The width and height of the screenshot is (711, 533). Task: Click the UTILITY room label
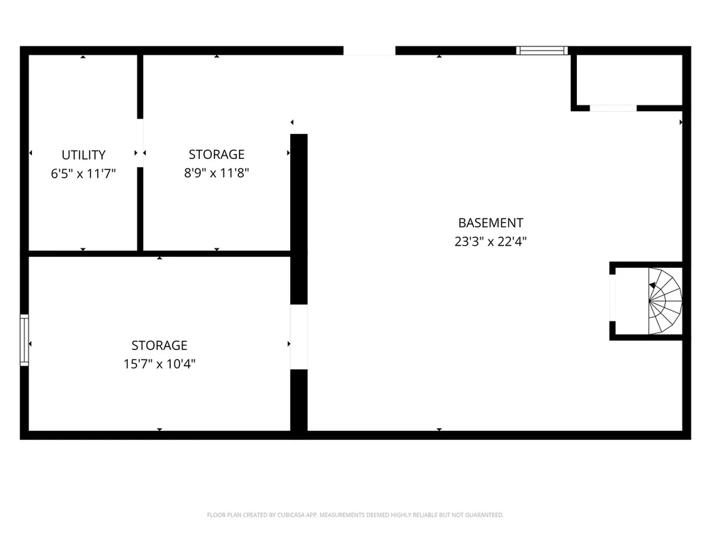pyautogui.click(x=83, y=155)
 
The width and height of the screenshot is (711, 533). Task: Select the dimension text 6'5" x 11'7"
pyautogui.click(x=83, y=174)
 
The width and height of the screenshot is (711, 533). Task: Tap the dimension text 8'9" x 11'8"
pyautogui.click(x=217, y=173)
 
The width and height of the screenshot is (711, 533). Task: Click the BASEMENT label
pyautogui.click(x=490, y=223)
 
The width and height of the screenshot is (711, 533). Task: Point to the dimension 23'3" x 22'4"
pyautogui.click(x=490, y=242)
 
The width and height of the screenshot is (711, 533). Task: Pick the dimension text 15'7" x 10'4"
pyautogui.click(x=160, y=363)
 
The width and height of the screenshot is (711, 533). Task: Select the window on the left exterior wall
pyautogui.click(x=24, y=339)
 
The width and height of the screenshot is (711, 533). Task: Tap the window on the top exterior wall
pyautogui.click(x=542, y=50)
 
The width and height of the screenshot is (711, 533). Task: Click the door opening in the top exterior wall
pyautogui.click(x=369, y=50)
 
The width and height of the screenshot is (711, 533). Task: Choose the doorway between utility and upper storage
pyautogui.click(x=140, y=142)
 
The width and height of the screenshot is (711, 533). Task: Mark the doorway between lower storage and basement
pyautogui.click(x=299, y=337)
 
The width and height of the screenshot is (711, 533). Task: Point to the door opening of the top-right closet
pyautogui.click(x=613, y=108)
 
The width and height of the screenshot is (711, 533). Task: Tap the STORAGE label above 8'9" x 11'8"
pyautogui.click(x=217, y=154)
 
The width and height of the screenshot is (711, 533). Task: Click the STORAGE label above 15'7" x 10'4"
pyautogui.click(x=160, y=345)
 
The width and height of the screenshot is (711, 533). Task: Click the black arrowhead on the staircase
pyautogui.click(x=653, y=285)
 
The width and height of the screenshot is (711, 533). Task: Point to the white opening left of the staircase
pyautogui.click(x=612, y=298)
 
